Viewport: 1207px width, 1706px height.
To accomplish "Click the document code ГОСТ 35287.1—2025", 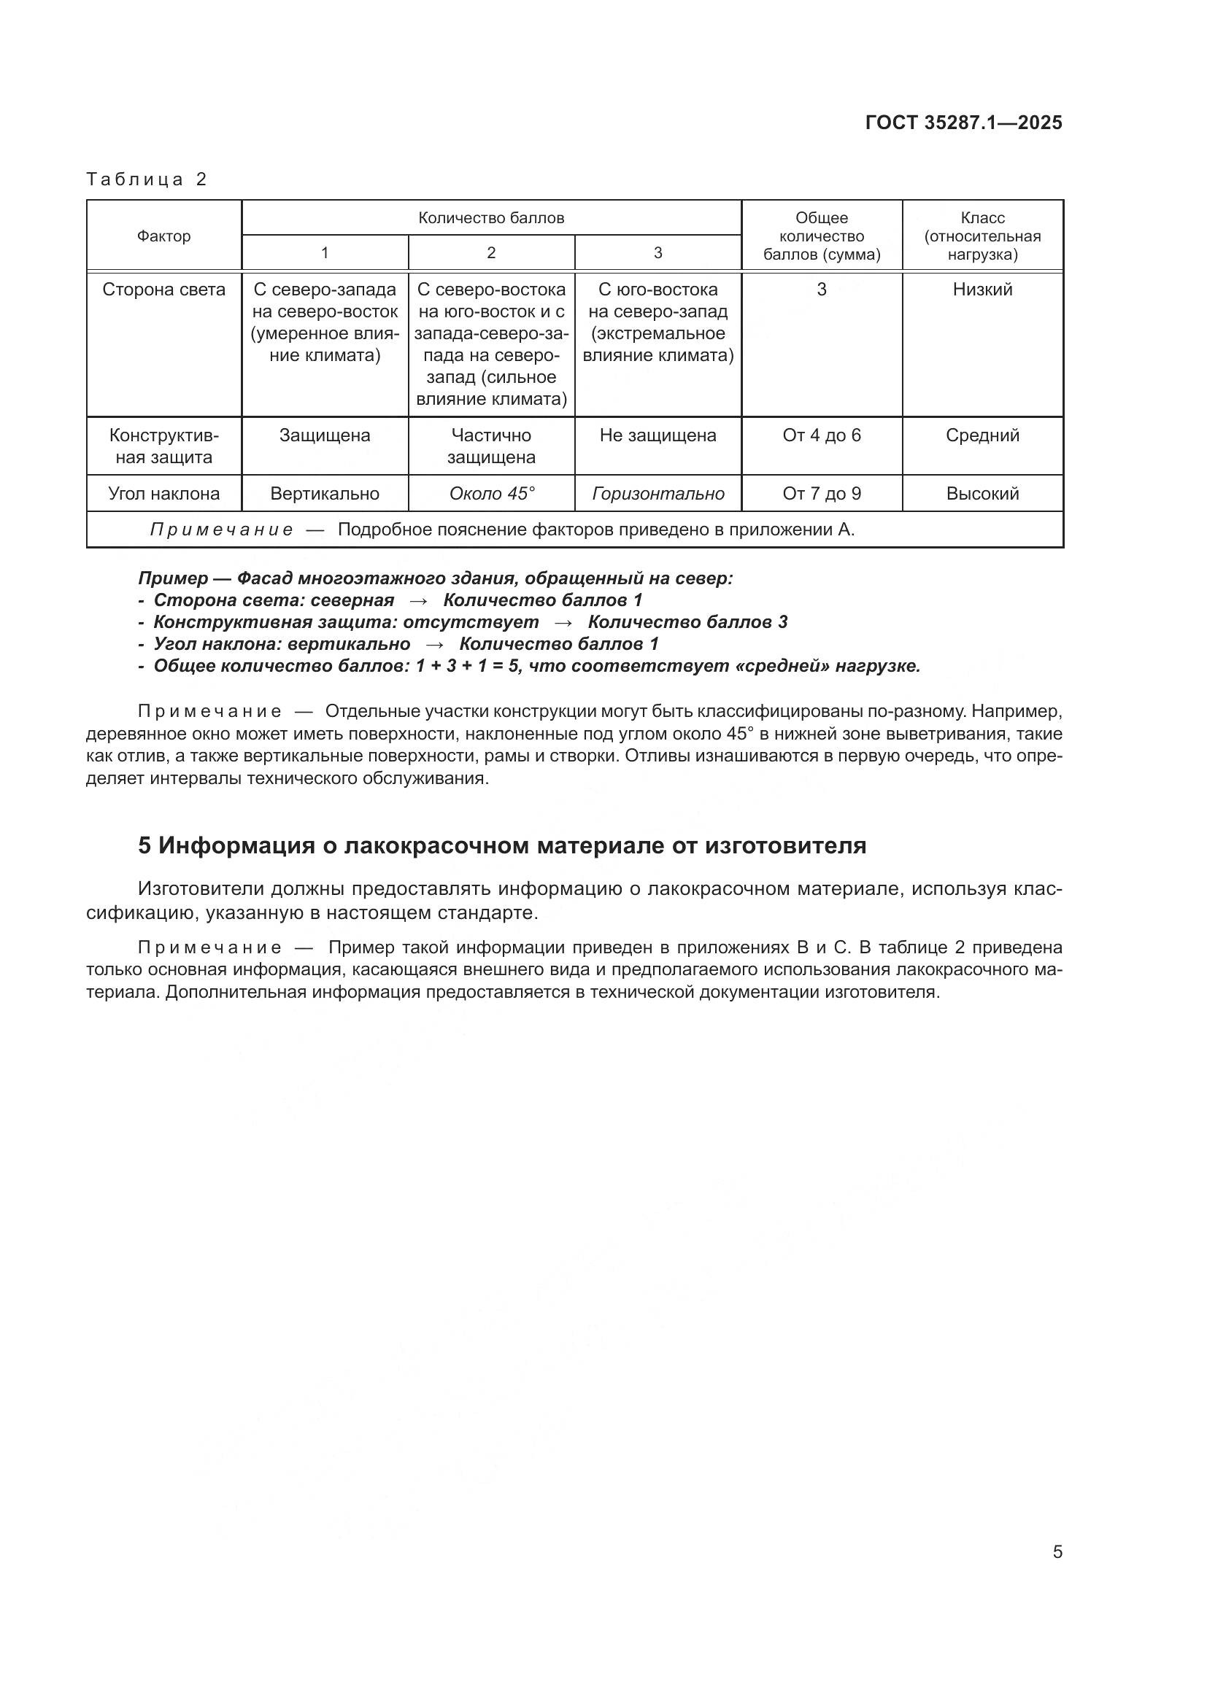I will [963, 123].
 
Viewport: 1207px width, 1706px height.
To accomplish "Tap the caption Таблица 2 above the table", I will [147, 179].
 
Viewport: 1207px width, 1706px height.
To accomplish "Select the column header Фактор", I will [163, 236].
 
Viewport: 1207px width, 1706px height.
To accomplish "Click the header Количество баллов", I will [490, 217].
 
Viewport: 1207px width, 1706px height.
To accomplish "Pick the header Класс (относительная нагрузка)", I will [982, 236].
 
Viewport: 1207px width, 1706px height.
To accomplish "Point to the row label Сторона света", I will [163, 290].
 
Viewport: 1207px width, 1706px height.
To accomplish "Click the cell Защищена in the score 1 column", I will [324, 435].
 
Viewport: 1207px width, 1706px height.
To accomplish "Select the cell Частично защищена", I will [490, 446].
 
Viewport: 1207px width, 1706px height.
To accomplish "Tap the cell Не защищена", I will [657, 435].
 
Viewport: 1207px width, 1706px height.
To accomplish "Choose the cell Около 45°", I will [491, 494].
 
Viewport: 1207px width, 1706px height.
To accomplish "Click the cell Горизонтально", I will [657, 494].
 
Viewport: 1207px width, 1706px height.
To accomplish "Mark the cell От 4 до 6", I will [821, 435].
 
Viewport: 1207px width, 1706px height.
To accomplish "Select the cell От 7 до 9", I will [821, 494].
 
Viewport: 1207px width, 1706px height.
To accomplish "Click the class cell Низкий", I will [982, 290].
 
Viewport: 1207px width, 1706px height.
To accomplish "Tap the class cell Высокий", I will [982, 494].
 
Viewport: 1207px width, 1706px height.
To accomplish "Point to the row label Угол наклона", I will [163, 494].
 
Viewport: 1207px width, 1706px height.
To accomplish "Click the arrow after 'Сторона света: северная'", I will [418, 600].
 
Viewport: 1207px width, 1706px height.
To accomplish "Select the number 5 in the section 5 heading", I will [144, 845].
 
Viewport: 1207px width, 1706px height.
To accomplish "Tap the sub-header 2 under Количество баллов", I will [490, 253].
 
